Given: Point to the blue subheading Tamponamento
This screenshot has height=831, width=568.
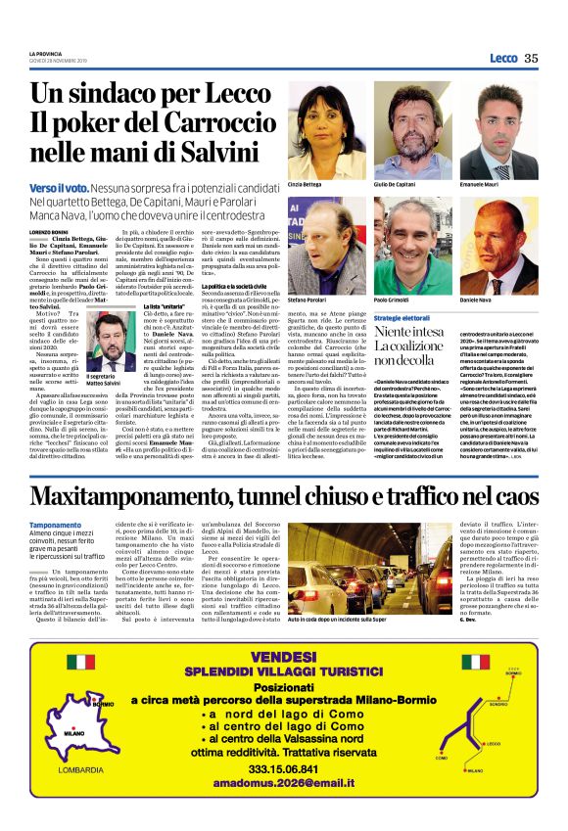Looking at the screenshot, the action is tap(56, 526).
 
